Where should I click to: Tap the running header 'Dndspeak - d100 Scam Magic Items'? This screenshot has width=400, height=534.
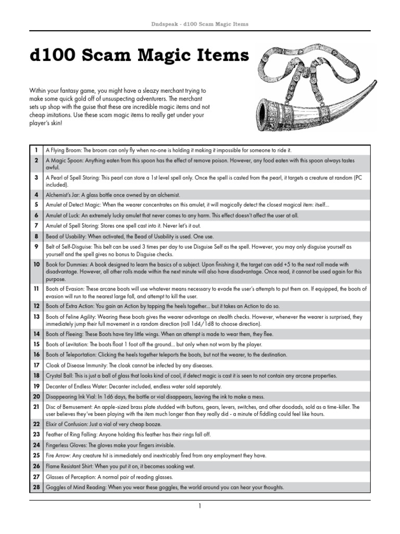(199, 24)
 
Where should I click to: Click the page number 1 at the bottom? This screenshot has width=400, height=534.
(199, 505)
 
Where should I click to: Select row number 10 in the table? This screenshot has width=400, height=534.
(36, 264)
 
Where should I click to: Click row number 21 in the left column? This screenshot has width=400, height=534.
(36, 406)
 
